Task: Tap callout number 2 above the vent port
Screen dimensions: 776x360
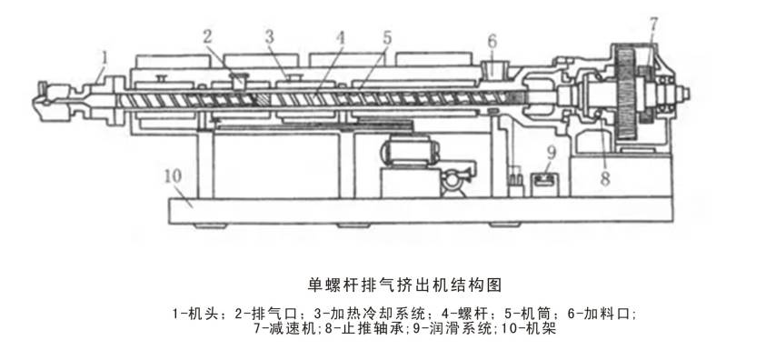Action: point(208,37)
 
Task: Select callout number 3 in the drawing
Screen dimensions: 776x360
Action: point(269,37)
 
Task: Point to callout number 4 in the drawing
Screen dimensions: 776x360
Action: point(340,38)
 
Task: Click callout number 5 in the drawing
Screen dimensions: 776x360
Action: point(387,38)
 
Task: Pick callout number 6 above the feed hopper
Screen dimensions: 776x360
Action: point(492,42)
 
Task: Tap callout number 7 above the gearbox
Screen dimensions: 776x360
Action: point(653,24)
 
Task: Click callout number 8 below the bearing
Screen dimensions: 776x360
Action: point(605,179)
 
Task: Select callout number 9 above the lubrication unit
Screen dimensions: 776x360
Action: point(552,153)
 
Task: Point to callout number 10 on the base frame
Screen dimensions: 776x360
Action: point(174,176)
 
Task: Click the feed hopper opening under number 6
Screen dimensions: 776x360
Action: point(494,68)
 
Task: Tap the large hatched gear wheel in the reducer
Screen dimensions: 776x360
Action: point(626,93)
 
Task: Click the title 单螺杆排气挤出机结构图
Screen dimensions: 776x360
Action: point(405,285)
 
